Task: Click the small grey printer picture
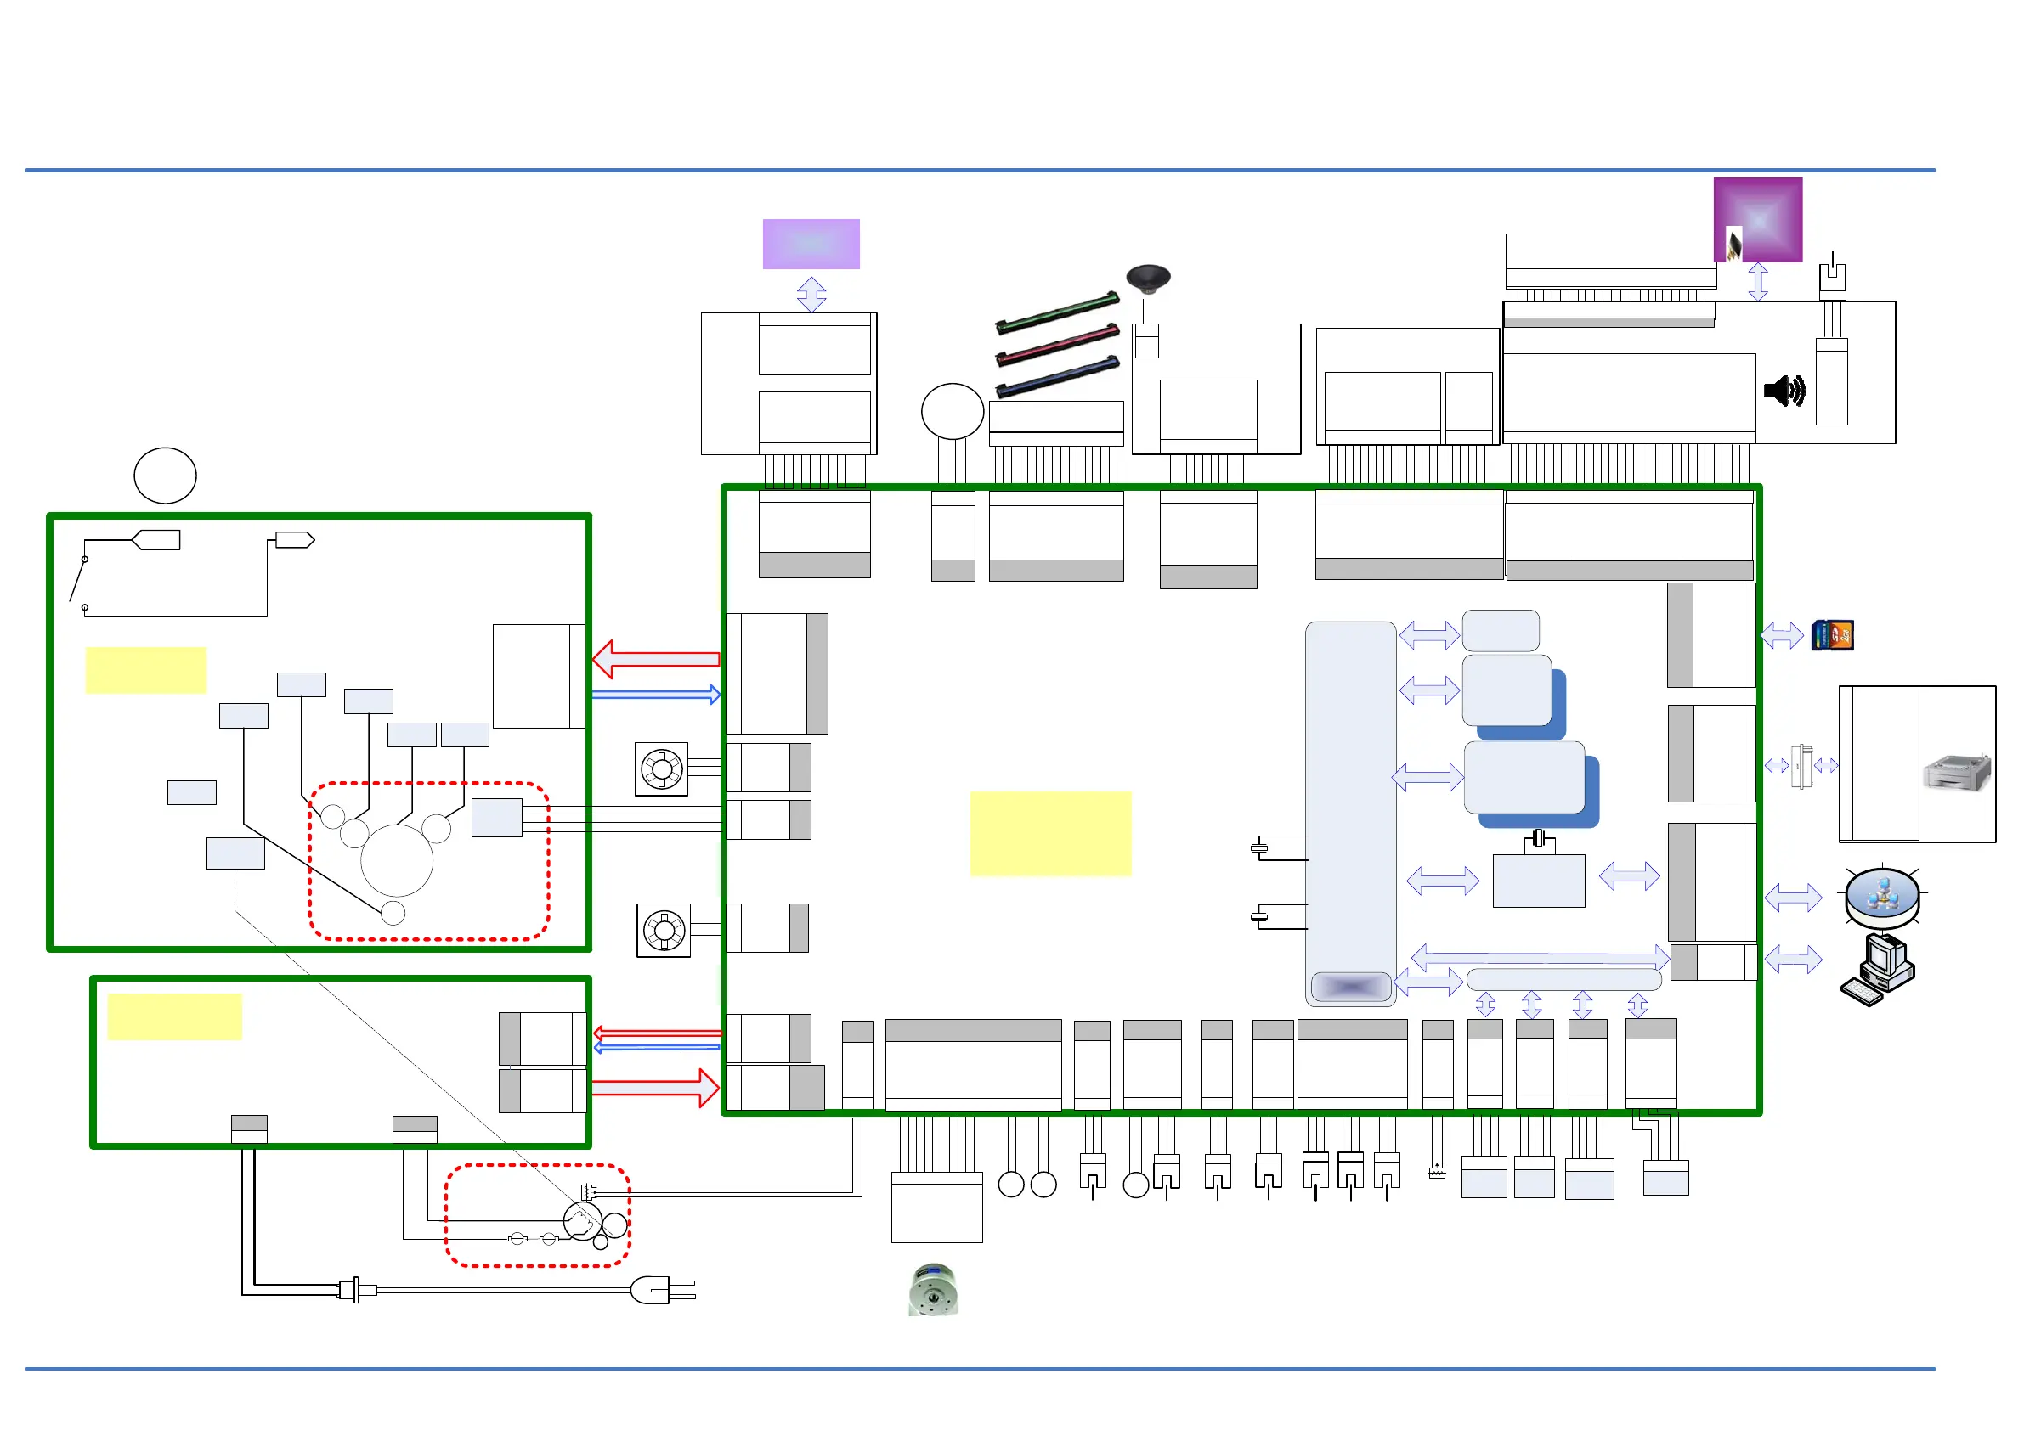point(1956,774)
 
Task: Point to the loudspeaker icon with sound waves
point(1784,391)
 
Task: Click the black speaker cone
point(1148,279)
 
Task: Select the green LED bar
point(1057,313)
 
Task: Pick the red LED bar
point(1057,345)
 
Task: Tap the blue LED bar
point(1057,376)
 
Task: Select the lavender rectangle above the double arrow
point(811,244)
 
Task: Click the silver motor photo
point(933,1289)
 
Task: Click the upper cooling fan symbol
point(661,769)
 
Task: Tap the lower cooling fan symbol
point(664,930)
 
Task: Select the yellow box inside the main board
point(1050,834)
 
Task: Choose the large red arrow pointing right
point(656,1088)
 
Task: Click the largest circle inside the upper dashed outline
point(397,861)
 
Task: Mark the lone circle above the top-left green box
point(165,476)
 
